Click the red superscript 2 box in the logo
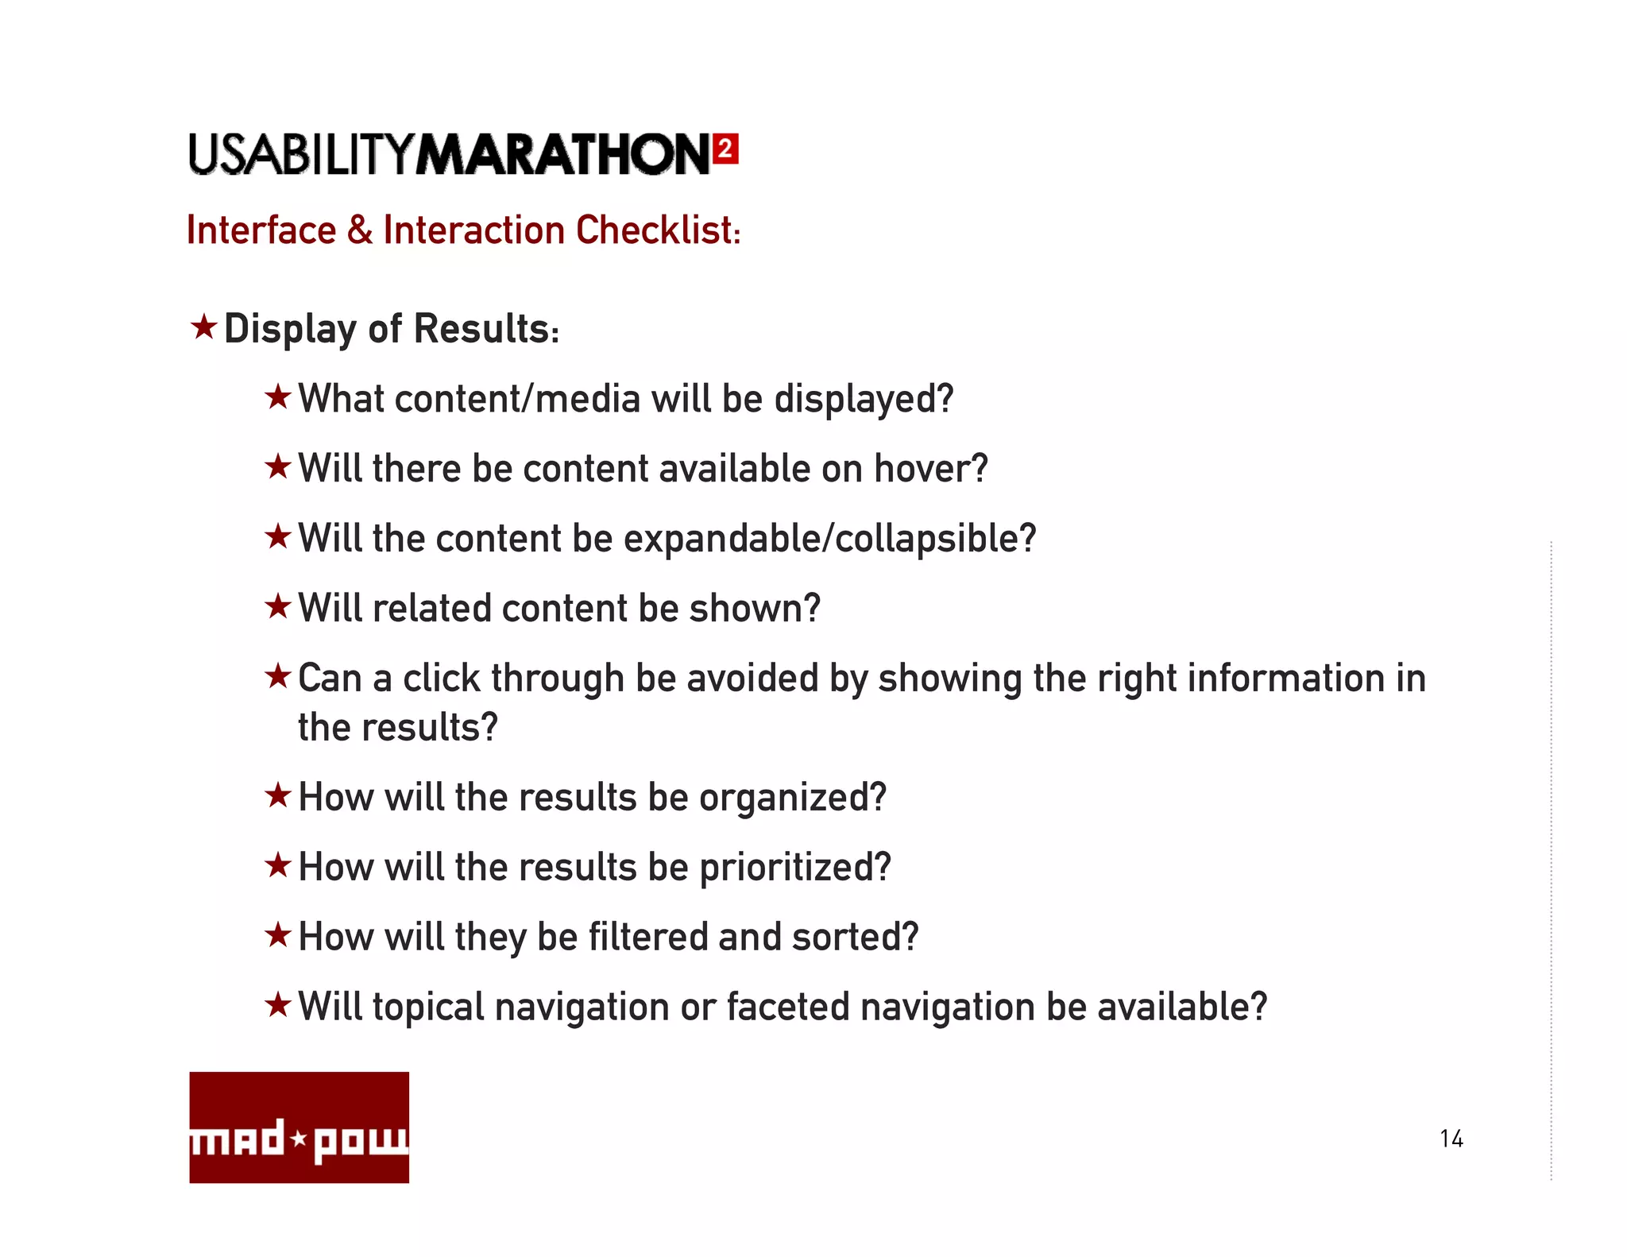point(725,149)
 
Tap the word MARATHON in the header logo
point(562,154)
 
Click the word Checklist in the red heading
point(658,230)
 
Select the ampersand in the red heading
point(360,230)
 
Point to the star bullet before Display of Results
point(204,327)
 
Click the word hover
point(930,468)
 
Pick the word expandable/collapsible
point(829,539)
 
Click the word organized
point(792,797)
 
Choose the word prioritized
point(794,867)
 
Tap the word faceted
point(787,1007)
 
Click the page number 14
point(1451,1139)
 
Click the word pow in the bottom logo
point(361,1143)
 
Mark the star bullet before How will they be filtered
point(278,935)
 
